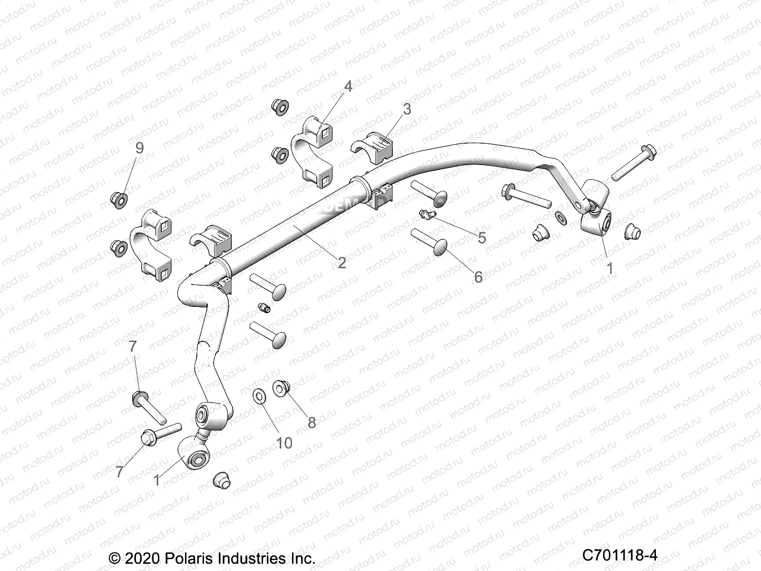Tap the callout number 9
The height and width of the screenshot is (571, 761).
click(139, 148)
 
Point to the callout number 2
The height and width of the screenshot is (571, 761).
click(341, 262)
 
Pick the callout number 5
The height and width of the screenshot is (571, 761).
click(482, 237)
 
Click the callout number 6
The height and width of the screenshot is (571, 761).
click(478, 276)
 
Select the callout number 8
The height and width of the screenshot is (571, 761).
click(312, 422)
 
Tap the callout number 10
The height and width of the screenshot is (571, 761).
click(284, 443)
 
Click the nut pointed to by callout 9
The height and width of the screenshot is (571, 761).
click(118, 199)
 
